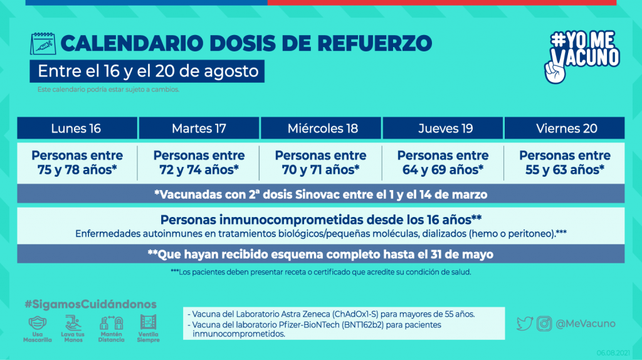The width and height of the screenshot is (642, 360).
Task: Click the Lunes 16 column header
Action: [x=76, y=129]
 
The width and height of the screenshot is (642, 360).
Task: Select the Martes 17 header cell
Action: [x=199, y=129]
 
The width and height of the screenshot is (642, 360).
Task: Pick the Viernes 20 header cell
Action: [x=566, y=129]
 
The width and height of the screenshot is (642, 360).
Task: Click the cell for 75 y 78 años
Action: [x=77, y=162]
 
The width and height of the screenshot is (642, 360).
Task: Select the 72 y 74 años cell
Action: [x=199, y=162]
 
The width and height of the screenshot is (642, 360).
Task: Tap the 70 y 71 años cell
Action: [x=321, y=162]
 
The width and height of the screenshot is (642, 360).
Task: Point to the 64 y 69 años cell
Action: [x=443, y=162]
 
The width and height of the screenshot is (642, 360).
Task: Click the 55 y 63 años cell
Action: [x=565, y=162]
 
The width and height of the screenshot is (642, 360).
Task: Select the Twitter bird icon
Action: [x=525, y=324]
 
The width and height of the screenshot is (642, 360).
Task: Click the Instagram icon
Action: [x=545, y=324]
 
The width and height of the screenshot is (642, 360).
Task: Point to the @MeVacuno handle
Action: [x=586, y=324]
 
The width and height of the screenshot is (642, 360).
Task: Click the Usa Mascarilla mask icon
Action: [x=38, y=323]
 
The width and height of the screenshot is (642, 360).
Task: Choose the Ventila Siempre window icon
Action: [x=149, y=323]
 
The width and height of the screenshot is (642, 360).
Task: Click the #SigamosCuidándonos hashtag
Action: [x=90, y=304]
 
